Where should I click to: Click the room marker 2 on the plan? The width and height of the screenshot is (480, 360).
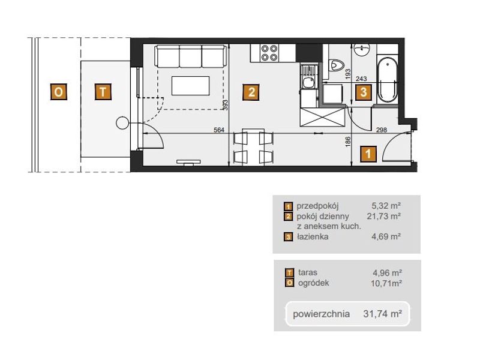click(x=251, y=92)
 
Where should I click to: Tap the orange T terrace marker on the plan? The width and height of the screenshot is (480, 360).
click(x=103, y=92)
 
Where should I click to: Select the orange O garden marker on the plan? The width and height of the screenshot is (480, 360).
click(x=58, y=92)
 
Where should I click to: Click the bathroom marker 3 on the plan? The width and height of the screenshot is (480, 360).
click(x=364, y=92)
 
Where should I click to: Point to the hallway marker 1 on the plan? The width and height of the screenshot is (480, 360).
click(x=368, y=154)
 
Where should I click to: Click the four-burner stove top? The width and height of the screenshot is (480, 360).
click(x=269, y=53)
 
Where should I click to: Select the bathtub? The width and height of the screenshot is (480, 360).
click(x=388, y=80)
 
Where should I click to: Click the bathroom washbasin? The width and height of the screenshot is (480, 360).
click(x=362, y=49)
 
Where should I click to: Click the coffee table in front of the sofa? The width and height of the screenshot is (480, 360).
click(x=190, y=86)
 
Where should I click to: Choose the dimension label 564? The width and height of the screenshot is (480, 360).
click(x=218, y=130)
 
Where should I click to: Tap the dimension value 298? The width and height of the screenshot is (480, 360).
click(x=382, y=130)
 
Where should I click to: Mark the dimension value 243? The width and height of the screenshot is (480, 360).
click(x=361, y=79)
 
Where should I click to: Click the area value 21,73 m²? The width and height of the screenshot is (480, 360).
click(x=384, y=216)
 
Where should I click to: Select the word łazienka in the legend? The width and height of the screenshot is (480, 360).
click(x=312, y=236)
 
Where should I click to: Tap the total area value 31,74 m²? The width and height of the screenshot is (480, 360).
click(x=382, y=314)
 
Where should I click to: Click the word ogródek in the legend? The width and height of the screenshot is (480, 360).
click(x=313, y=283)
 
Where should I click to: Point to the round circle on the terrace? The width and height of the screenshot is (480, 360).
click(x=122, y=123)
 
